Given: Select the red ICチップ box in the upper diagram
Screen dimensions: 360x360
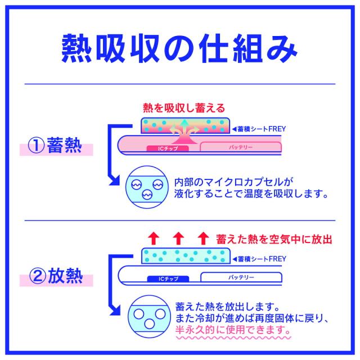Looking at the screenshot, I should coord(166,148).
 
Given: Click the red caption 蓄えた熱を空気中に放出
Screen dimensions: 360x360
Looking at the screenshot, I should coord(274,238).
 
